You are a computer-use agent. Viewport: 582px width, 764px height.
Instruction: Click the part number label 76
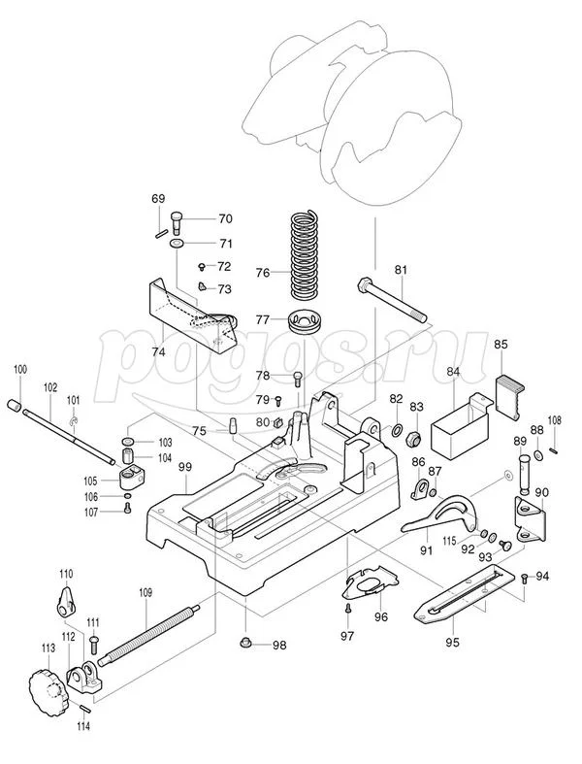pos(262,273)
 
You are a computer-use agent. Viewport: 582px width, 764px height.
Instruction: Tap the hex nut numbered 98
pos(246,644)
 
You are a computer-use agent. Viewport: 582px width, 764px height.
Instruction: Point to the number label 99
pos(185,467)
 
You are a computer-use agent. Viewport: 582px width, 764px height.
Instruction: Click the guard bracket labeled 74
pos(194,316)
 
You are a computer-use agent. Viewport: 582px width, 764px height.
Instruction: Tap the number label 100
pos(19,369)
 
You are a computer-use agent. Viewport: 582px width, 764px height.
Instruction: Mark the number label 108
pos(554,420)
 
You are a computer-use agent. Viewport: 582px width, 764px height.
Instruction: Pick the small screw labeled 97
pos(347,609)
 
